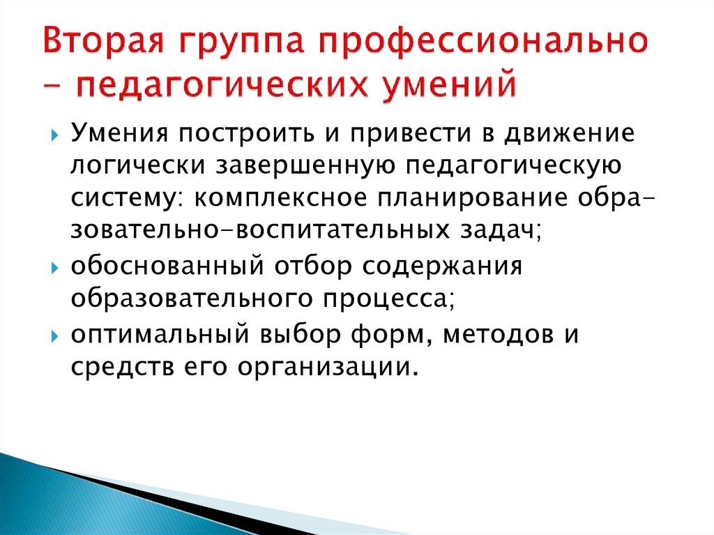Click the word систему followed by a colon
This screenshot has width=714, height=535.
pos(128,199)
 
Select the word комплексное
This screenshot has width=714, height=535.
pos(279,199)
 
